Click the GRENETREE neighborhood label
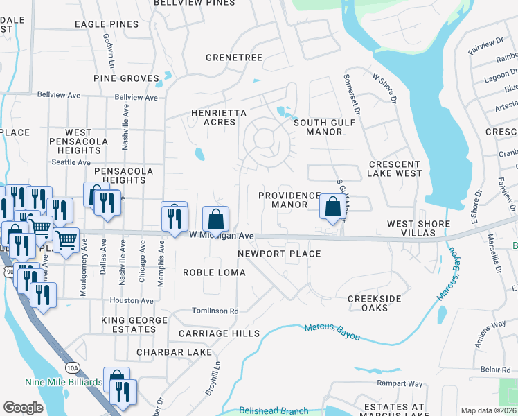(233, 58)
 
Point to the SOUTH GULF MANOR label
(324, 127)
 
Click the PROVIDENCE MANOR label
(289, 200)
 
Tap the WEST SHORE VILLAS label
(418, 228)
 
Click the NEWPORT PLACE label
(279, 254)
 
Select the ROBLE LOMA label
(214, 272)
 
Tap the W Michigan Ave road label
(222, 236)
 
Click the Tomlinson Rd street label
(215, 311)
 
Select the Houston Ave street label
(132, 301)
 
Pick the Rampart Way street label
(400, 383)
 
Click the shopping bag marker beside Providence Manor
(332, 206)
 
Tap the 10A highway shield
(73, 367)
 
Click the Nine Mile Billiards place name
(63, 382)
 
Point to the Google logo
(23, 408)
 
